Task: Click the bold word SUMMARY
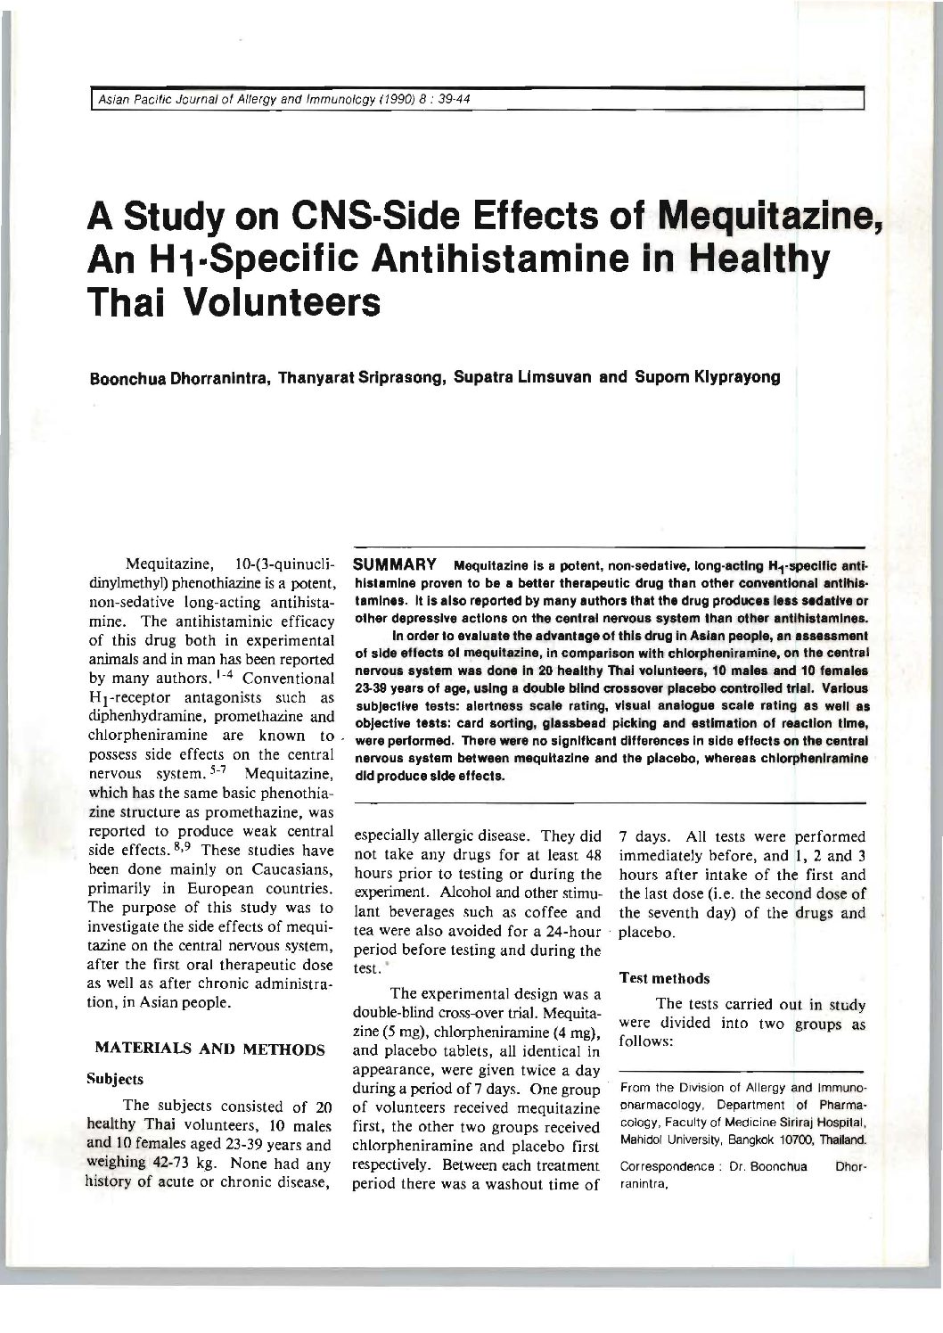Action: coord(394,565)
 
